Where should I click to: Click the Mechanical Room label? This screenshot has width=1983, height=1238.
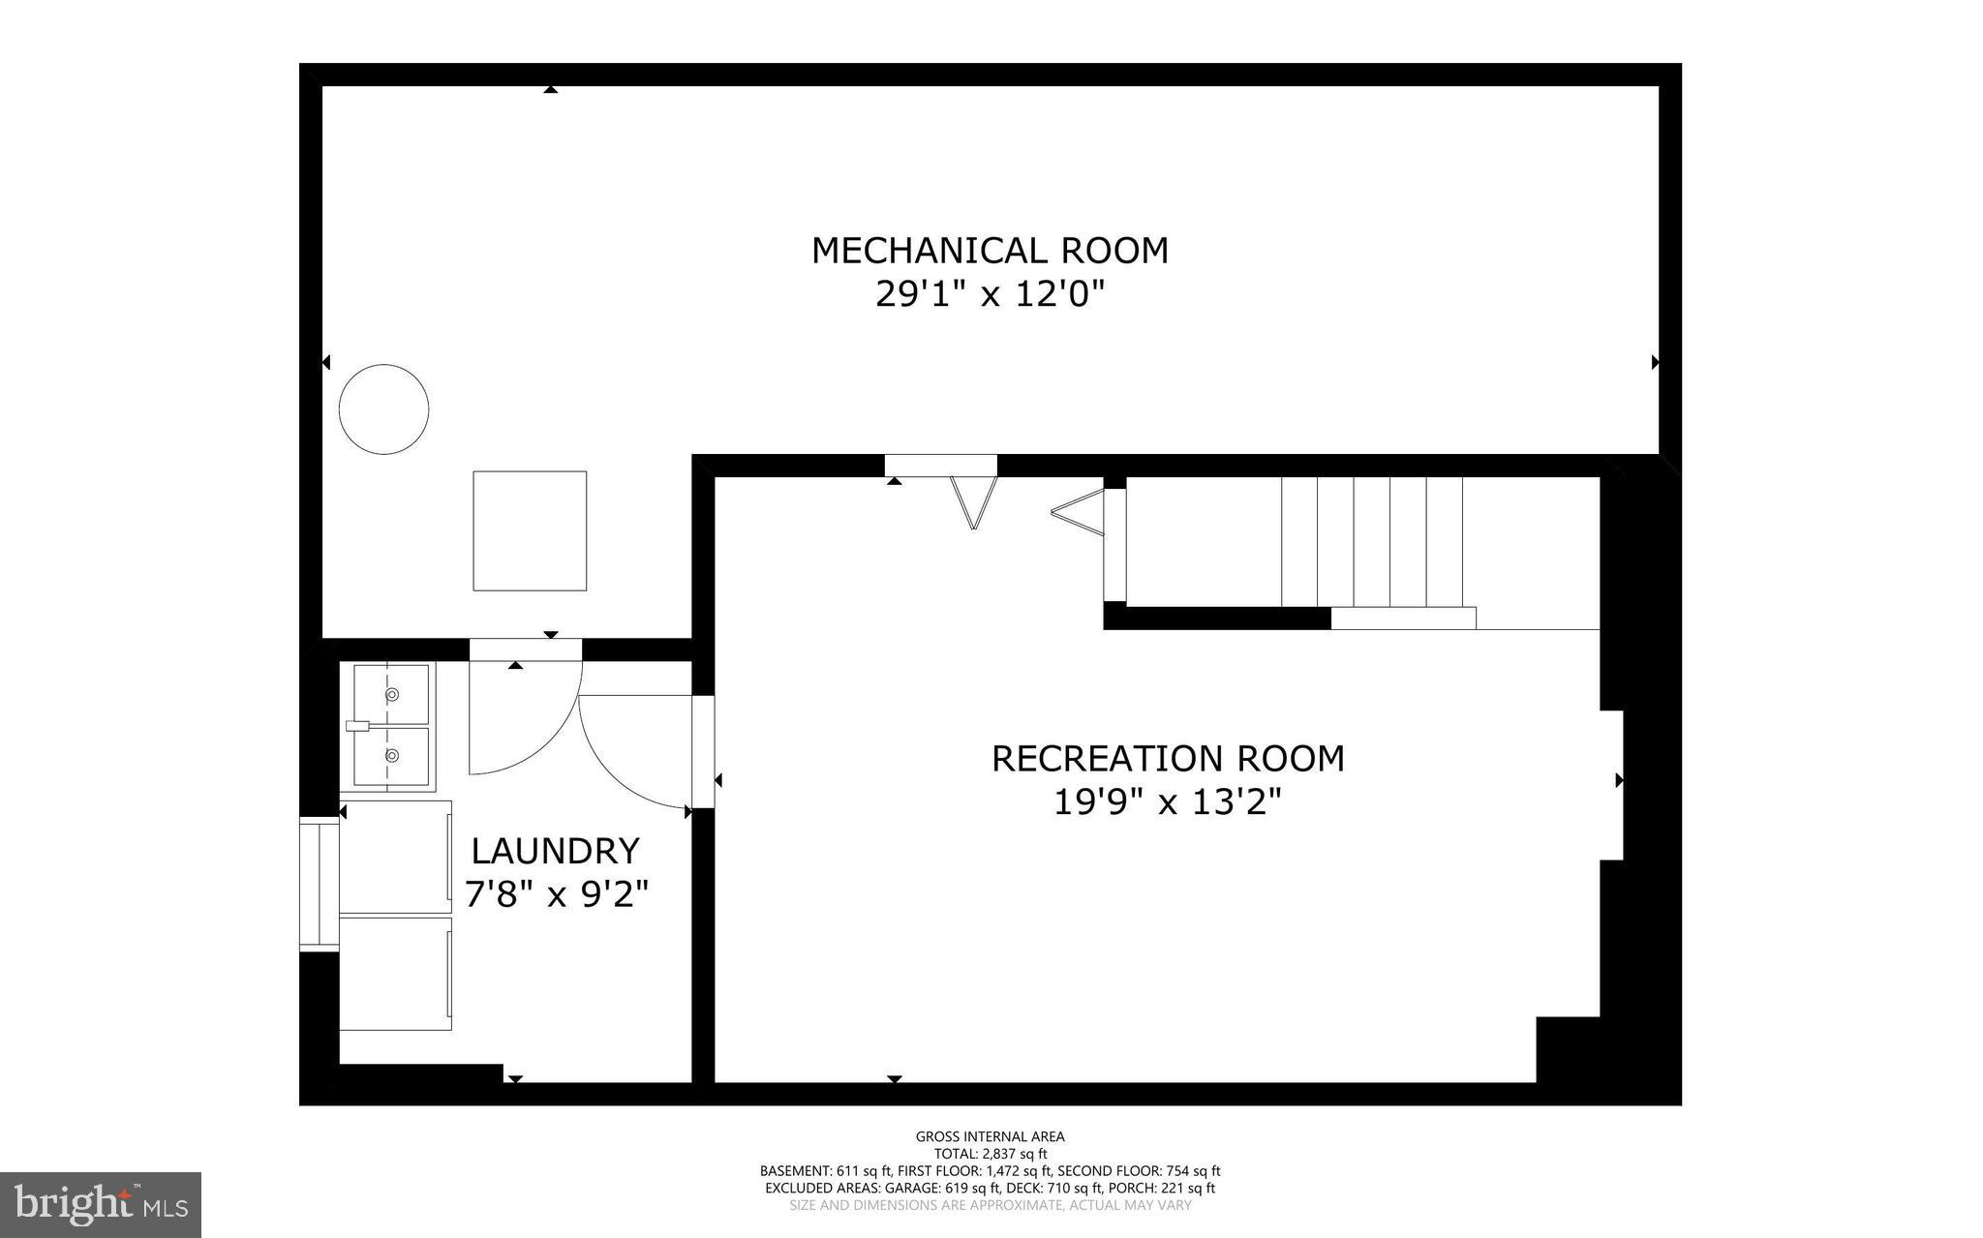(990, 251)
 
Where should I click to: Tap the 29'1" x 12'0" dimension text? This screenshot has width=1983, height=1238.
(990, 293)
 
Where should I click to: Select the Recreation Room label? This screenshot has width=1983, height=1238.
(1168, 759)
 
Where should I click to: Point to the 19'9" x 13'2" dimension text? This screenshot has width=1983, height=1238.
(1168, 802)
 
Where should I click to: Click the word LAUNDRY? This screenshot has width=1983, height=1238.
(555, 852)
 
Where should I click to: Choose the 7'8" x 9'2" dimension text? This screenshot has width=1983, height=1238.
(556, 894)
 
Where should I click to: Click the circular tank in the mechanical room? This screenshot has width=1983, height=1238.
(383, 409)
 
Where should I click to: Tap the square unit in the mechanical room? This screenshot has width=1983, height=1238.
(530, 530)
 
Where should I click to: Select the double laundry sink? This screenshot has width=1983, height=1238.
(391, 725)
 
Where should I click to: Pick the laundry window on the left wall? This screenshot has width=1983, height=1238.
(319, 884)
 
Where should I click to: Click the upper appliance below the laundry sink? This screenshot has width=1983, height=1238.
(395, 857)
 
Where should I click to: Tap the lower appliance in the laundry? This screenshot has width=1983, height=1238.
(395, 973)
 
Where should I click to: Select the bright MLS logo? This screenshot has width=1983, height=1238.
(100, 1204)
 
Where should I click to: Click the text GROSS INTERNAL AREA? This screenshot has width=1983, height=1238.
(990, 1136)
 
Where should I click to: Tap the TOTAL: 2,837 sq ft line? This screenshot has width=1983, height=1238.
(990, 1154)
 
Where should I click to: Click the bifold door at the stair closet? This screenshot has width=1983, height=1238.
(1079, 513)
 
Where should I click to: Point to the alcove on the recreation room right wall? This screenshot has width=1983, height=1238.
(1610, 785)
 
